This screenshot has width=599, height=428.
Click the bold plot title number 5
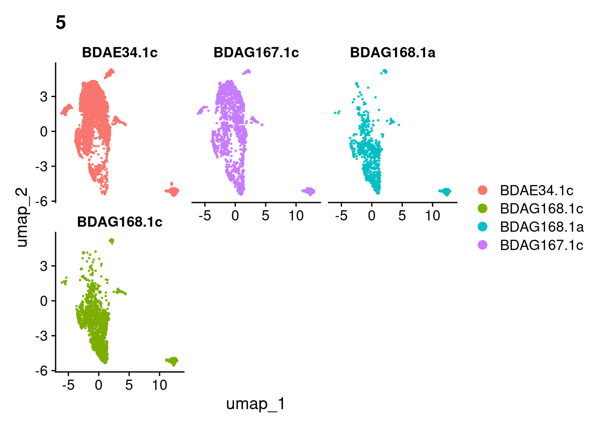coord(61,22)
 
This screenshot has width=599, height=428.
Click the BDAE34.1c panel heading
coord(120,53)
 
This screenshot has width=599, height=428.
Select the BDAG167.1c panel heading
coord(256,53)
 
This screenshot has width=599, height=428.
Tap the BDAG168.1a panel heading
coord(393,53)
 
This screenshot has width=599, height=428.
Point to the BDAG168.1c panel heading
coord(120,222)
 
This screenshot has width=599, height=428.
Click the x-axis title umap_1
coord(256,404)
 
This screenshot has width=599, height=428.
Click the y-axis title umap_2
coord(22,217)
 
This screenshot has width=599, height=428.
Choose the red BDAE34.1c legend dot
coord(482,190)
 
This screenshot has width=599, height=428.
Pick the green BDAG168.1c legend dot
coord(482,208)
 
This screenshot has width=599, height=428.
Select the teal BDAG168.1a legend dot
coord(482,227)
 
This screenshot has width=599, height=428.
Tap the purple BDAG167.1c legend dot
coord(482,245)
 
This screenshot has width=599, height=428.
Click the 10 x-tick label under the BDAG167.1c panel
coord(296,216)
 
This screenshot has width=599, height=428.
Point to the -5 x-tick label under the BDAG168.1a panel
coord(341,216)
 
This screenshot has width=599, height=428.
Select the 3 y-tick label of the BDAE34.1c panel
coord(44,97)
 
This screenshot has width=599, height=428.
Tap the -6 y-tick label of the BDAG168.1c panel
coord(42,371)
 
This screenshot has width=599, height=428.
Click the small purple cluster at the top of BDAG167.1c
coord(247,72)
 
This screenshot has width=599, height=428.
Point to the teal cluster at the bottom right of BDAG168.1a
coord(445,192)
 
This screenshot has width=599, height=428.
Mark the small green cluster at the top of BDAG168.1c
coord(112,241)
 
